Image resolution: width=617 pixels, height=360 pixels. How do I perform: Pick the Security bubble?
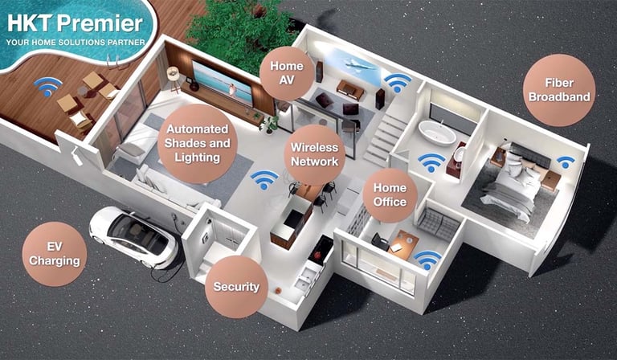point(236,286)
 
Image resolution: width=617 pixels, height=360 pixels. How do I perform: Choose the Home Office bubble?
point(390,195)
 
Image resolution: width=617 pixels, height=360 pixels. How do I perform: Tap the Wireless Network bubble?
point(315,154)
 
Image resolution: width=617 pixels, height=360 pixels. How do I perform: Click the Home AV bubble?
point(287,73)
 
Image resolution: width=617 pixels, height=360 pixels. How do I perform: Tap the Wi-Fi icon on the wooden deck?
point(47,85)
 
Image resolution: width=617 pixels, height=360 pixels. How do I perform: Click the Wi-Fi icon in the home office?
point(427,259)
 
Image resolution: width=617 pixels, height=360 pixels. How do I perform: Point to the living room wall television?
point(223,84)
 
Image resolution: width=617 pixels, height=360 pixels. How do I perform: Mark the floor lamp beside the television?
point(173,78)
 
